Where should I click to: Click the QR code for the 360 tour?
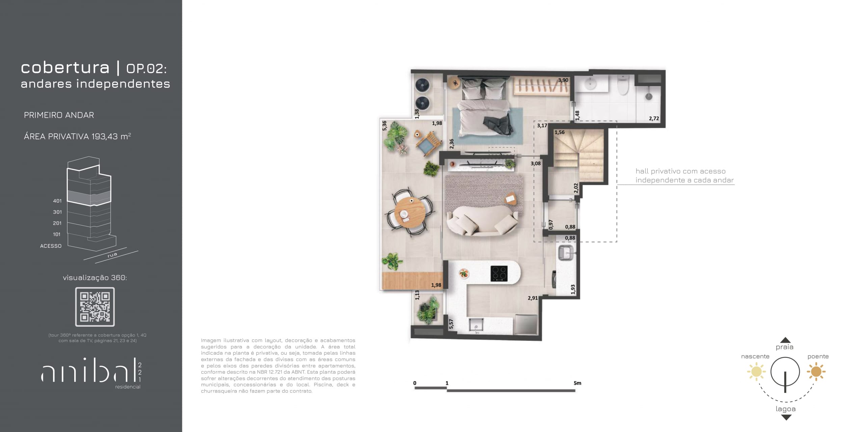point(95,307)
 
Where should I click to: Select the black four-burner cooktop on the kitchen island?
point(499,274)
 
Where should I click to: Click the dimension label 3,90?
point(563,80)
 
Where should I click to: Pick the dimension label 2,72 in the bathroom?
point(654,118)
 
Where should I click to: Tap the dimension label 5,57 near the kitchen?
point(451,324)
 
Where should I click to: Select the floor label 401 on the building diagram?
point(57,201)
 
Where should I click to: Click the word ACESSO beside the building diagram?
point(51,246)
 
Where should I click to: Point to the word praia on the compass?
point(784,347)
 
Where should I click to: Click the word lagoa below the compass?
point(786,409)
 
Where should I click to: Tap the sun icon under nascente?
point(756,372)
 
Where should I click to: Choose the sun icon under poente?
point(816,372)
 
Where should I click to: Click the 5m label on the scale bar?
point(577,383)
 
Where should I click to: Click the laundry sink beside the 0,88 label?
point(566,253)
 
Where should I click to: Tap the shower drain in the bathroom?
point(649,96)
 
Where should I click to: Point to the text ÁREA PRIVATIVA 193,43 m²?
point(77,136)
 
